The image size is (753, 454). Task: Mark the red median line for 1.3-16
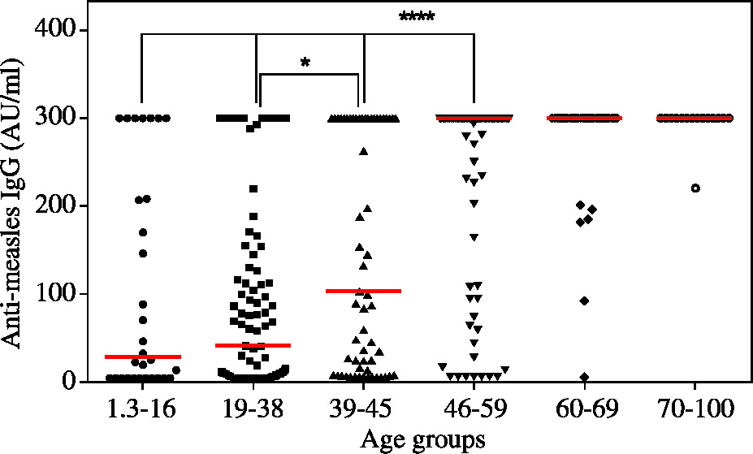tap(142, 357)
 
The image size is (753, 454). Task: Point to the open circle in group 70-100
tap(695, 188)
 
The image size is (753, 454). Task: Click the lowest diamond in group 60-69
tap(584, 377)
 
